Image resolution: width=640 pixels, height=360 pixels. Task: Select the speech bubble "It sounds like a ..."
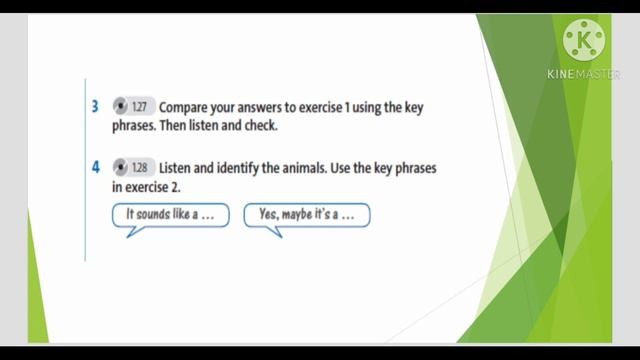pyautogui.click(x=171, y=214)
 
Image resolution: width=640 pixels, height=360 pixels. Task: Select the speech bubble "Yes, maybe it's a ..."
pyautogui.click(x=306, y=214)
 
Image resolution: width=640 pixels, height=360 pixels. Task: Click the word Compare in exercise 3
pyautogui.click(x=183, y=106)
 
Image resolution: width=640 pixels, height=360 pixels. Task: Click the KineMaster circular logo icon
pyautogui.click(x=584, y=41)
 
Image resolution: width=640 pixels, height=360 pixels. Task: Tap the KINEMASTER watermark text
pyautogui.click(x=584, y=74)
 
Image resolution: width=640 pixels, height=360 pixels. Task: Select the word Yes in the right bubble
pyautogui.click(x=268, y=214)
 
